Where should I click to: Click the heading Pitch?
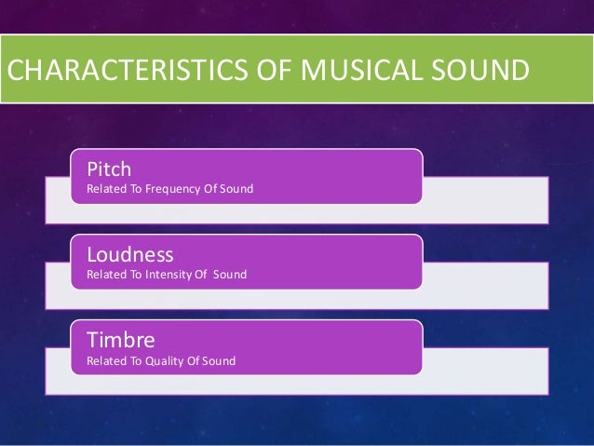coord(109,169)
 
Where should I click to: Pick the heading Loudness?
coord(129,254)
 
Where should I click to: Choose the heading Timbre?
coord(120,340)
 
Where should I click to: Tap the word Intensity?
coord(168,275)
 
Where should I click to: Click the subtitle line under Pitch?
coord(169,190)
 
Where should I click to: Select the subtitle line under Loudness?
coord(166,275)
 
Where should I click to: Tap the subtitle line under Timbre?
coord(161,361)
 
